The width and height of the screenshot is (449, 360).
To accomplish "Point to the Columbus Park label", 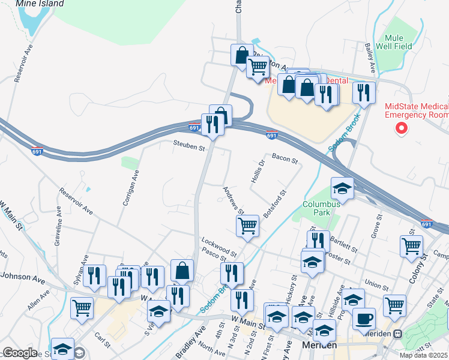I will (322, 208).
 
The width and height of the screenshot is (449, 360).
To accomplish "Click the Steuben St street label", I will (189, 145).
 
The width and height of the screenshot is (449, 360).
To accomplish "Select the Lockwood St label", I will (219, 245).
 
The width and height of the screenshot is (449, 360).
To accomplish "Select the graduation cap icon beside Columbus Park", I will (342, 188).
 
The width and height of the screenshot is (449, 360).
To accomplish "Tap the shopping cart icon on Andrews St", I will (247, 226).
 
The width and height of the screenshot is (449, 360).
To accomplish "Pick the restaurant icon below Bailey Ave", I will (364, 92).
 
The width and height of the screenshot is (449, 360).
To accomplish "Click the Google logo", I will (19, 353).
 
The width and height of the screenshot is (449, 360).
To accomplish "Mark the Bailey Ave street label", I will (370, 56).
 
